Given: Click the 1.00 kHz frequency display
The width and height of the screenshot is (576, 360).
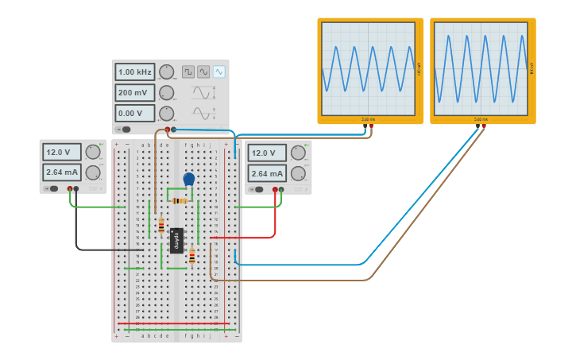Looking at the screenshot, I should (135, 72).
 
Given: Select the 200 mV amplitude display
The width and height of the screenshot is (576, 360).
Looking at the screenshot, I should (135, 93).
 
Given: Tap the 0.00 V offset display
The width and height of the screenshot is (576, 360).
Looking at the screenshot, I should (135, 114).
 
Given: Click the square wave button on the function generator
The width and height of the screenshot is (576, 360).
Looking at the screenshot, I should (188, 72).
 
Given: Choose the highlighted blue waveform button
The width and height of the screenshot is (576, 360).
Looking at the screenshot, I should (218, 72).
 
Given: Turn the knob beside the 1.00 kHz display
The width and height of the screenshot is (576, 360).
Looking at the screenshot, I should (166, 72).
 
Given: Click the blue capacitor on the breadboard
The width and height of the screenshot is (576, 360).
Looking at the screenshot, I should (188, 180).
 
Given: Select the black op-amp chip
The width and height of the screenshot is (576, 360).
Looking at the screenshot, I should (177, 240).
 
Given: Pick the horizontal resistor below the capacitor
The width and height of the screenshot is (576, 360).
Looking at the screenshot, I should (180, 200).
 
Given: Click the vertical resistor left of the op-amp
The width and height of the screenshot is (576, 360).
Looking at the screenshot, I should (161, 226).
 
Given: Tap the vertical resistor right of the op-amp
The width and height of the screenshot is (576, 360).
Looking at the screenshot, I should (191, 255).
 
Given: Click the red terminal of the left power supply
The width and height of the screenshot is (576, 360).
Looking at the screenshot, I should (70, 188).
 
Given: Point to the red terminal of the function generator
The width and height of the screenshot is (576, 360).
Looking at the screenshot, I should (168, 129).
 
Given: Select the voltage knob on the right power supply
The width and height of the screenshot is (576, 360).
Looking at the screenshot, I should (298, 153).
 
